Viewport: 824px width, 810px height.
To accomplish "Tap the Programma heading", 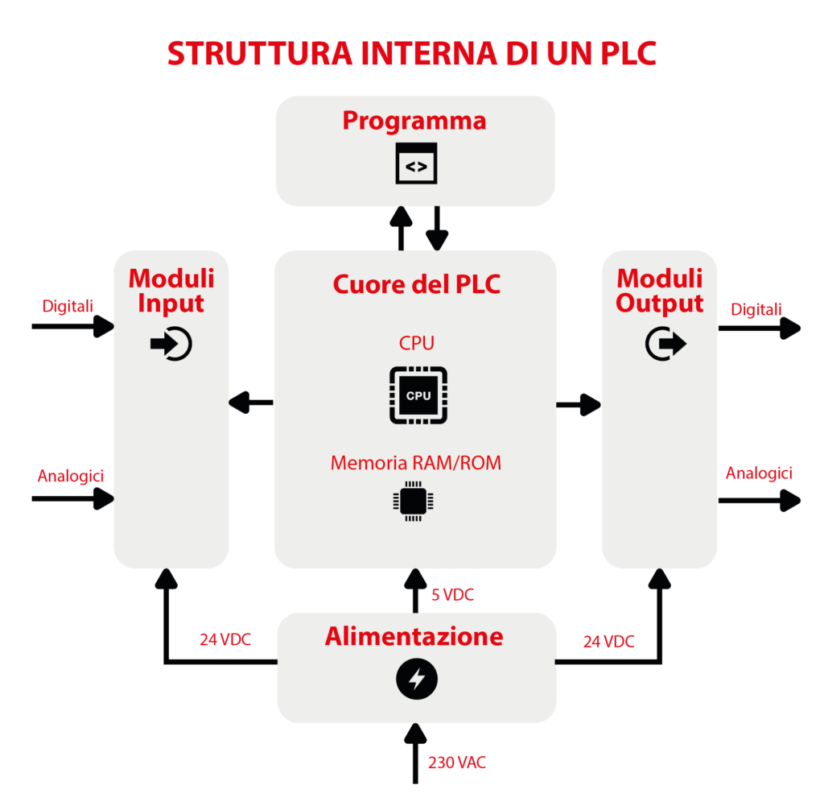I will pos(414,121).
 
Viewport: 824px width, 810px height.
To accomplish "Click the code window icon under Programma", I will pos(416,164).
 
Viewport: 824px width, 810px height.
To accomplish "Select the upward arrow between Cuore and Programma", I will pos(400,228).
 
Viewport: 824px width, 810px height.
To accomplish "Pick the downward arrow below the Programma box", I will pos(436,228).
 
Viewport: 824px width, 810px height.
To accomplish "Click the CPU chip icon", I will pos(418,395).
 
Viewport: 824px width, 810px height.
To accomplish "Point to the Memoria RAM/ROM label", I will pos(416,463).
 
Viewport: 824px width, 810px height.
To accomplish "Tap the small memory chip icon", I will pos(413,501).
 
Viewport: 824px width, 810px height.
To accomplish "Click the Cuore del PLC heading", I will pos(416,284).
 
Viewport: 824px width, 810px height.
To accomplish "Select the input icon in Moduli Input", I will pos(171,344).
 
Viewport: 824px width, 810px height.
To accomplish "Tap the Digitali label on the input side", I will pos(68,306).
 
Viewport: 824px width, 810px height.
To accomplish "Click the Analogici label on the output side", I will pos(759,473).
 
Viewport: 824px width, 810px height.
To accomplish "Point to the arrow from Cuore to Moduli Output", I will pos(579,404).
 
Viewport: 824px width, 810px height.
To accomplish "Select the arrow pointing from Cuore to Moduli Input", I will pos(251,401).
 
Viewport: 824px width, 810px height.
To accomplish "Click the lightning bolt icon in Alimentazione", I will pos(416,681).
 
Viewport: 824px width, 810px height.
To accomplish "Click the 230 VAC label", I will pos(457,762).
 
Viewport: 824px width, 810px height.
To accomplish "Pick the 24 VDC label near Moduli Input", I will pos(225,640).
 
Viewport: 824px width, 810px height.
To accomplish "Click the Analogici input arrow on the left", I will pos(72,499).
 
